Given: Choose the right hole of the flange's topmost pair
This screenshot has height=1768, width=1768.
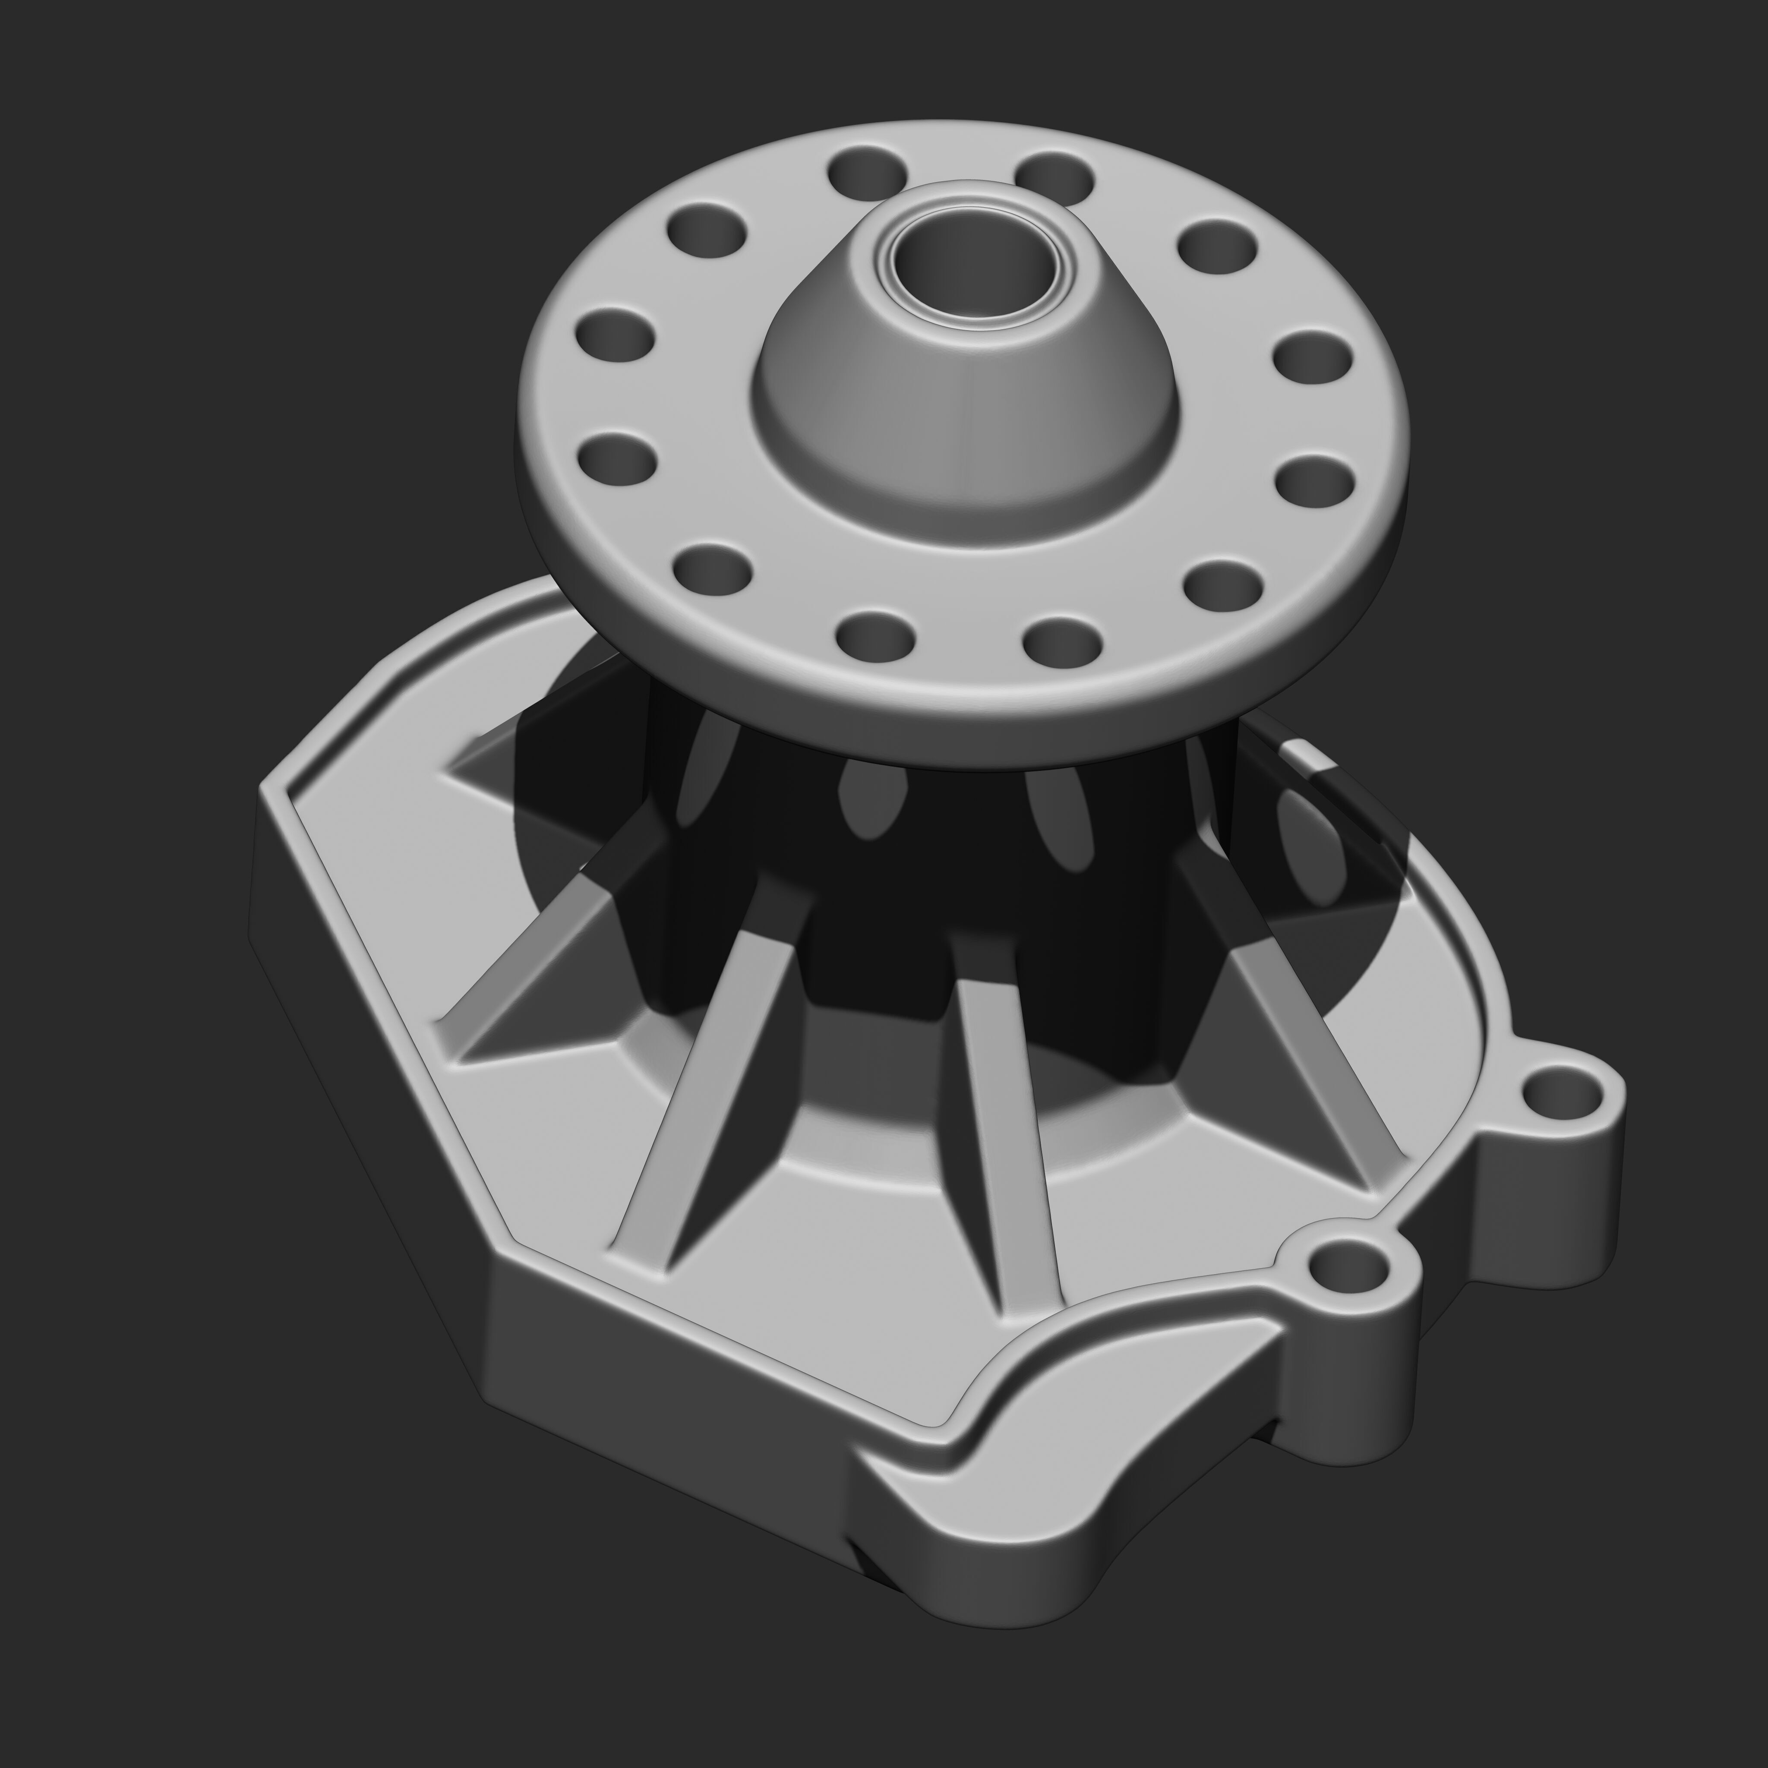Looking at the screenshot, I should [x=1055, y=176].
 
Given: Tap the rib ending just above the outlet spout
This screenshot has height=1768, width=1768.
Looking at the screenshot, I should [x=1007, y=1190].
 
